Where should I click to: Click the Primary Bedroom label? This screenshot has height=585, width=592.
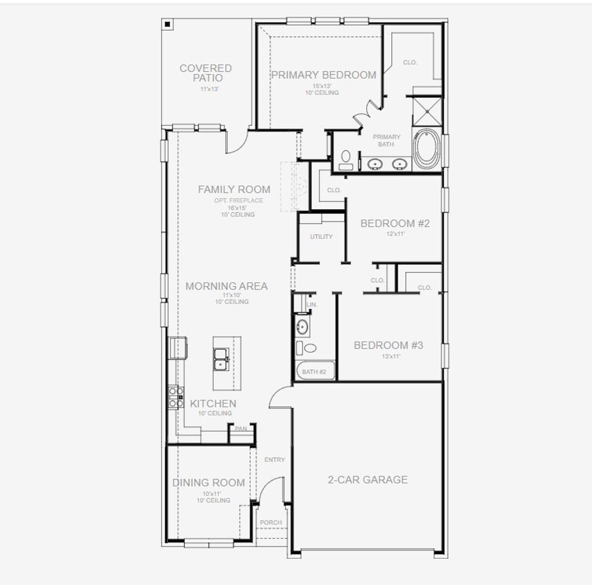coord(323,75)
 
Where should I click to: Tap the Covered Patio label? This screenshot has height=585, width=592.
coord(206,73)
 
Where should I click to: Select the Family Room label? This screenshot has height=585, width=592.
coord(234,189)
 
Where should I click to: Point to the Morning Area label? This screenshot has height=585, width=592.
coord(227,286)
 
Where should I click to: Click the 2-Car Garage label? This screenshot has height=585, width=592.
coord(368,479)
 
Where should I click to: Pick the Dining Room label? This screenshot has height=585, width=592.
coord(209,483)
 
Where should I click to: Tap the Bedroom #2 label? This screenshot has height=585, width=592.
coord(395,224)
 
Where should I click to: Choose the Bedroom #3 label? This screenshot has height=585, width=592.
coord(388,345)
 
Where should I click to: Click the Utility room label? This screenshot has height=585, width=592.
coord(321,236)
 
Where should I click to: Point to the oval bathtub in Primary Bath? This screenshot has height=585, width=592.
coord(427,149)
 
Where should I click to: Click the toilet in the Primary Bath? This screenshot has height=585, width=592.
coord(345,159)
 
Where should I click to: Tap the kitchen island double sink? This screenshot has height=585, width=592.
coord(222,360)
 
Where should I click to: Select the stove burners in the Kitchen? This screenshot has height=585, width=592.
coord(176,398)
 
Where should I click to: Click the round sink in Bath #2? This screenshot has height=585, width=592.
coord(302,326)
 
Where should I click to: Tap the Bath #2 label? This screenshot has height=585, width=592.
coord(314,372)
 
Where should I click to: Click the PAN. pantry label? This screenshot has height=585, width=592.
coord(241,429)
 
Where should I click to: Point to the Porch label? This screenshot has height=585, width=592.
coord(271,522)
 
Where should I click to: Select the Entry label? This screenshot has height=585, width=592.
coord(275,460)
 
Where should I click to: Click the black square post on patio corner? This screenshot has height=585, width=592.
coord(168,24)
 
